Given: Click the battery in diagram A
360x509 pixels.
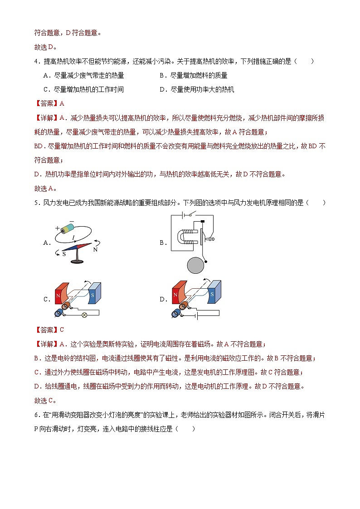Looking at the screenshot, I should click(68, 228).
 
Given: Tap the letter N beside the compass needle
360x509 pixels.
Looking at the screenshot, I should click(96, 249).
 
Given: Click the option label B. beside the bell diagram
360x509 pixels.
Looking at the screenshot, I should click(164, 243).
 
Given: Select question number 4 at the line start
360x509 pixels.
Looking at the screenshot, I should click(36, 61).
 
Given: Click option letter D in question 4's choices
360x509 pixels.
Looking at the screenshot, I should click(162, 89).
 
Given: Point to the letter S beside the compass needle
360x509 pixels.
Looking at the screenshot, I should click(64, 254).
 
